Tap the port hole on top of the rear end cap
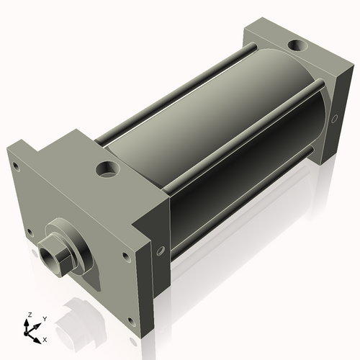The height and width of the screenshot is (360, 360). pos(297,48)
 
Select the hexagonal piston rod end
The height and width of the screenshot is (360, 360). pos(55,256)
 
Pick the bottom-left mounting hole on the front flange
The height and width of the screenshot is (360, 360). pos(29,232)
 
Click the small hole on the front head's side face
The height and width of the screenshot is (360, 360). pos(160,251)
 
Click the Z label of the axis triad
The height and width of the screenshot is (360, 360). pos(29,315)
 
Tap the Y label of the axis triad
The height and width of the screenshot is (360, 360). pos(44,319)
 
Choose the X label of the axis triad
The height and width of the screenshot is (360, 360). pos(45,338)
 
